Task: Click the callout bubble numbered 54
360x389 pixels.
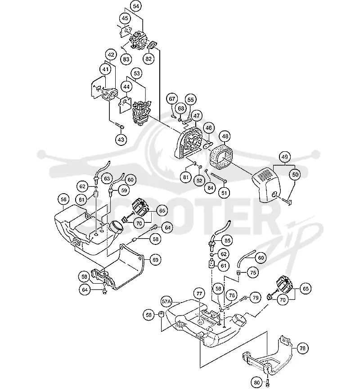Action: tap(136, 6)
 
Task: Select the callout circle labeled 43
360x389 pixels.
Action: tap(121, 139)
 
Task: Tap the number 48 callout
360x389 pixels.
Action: tap(225, 136)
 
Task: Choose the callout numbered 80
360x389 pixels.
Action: tap(257, 382)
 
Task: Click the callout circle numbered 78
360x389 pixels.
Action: tap(302, 348)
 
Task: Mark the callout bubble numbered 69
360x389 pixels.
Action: tap(155, 260)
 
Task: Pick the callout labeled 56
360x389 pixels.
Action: tap(64, 199)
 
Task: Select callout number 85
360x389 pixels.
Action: tap(227, 240)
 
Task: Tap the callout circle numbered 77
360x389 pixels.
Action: tap(199, 294)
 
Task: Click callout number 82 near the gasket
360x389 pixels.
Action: tap(148, 59)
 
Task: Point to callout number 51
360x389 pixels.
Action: tap(224, 193)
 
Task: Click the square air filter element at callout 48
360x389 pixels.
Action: tap(221, 158)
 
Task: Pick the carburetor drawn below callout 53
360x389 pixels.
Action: tap(141, 113)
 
